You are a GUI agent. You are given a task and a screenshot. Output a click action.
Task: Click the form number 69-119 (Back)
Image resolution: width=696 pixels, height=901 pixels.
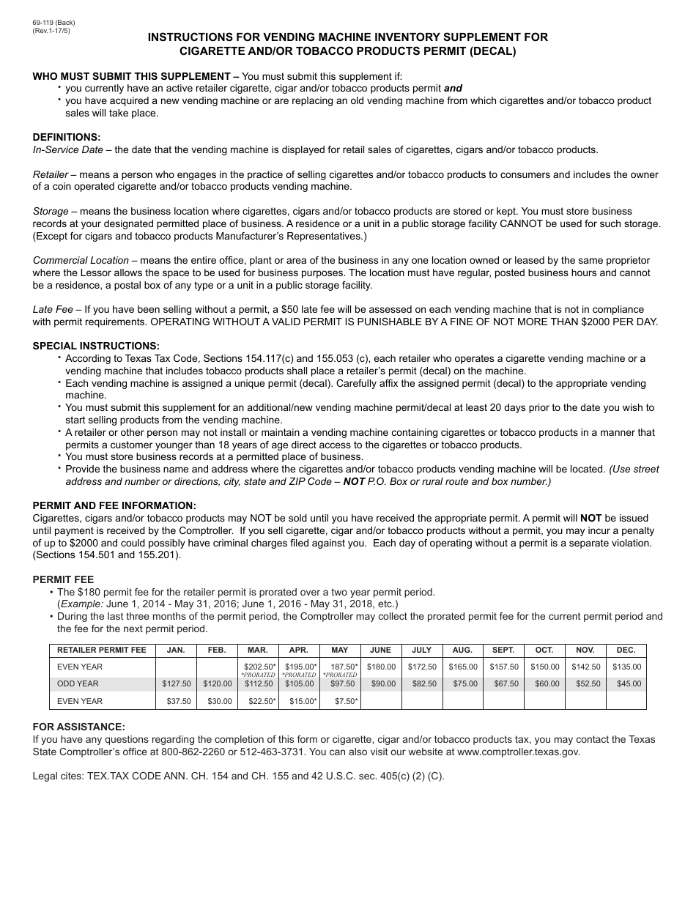[53, 23]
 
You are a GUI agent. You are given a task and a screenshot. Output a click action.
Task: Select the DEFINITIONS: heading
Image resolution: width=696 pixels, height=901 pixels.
[67, 137]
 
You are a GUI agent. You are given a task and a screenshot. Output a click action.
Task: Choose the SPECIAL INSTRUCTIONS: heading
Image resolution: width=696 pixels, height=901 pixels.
[96, 346]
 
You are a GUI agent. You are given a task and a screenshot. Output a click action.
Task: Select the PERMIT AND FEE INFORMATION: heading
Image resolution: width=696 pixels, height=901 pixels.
[114, 505]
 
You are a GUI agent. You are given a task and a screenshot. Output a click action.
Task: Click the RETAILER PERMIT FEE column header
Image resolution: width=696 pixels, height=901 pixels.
[102, 650]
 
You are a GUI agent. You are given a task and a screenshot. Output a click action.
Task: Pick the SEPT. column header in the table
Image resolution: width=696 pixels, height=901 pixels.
[503, 650]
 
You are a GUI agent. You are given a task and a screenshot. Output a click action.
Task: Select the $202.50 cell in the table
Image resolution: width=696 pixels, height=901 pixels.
[259, 667]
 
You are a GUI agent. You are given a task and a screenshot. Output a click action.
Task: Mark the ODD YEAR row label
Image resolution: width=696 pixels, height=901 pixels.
[78, 684]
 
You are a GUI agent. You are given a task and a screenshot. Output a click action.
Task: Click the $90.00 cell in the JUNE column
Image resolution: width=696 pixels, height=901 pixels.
[381, 684]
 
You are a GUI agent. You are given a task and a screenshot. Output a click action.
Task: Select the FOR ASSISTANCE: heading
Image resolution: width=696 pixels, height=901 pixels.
[79, 727]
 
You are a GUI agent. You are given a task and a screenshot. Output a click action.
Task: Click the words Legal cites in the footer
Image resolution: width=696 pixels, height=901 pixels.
[59, 776]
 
